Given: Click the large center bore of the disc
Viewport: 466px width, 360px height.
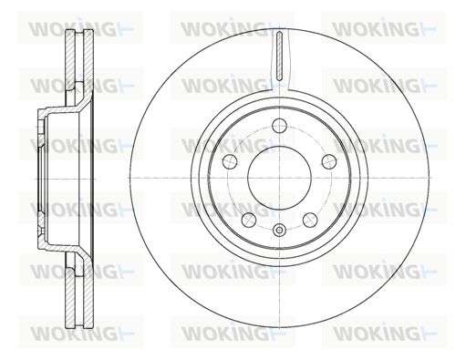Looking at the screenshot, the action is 279,178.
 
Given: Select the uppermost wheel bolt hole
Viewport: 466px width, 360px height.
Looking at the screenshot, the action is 279,126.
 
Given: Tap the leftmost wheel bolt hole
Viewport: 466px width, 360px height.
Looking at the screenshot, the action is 230,161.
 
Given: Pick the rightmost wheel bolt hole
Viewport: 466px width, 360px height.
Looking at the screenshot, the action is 329,161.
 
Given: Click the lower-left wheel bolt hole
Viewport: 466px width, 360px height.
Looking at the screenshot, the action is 249,220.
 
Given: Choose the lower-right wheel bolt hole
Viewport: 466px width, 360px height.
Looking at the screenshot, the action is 310,220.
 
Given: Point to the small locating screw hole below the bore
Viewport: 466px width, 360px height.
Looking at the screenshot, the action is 279,230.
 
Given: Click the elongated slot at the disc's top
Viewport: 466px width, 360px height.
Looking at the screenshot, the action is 279,55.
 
